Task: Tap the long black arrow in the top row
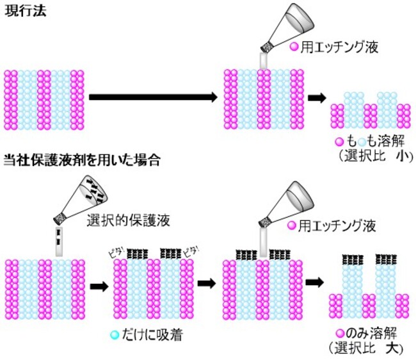click(153, 97)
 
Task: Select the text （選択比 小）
click(371, 155)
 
